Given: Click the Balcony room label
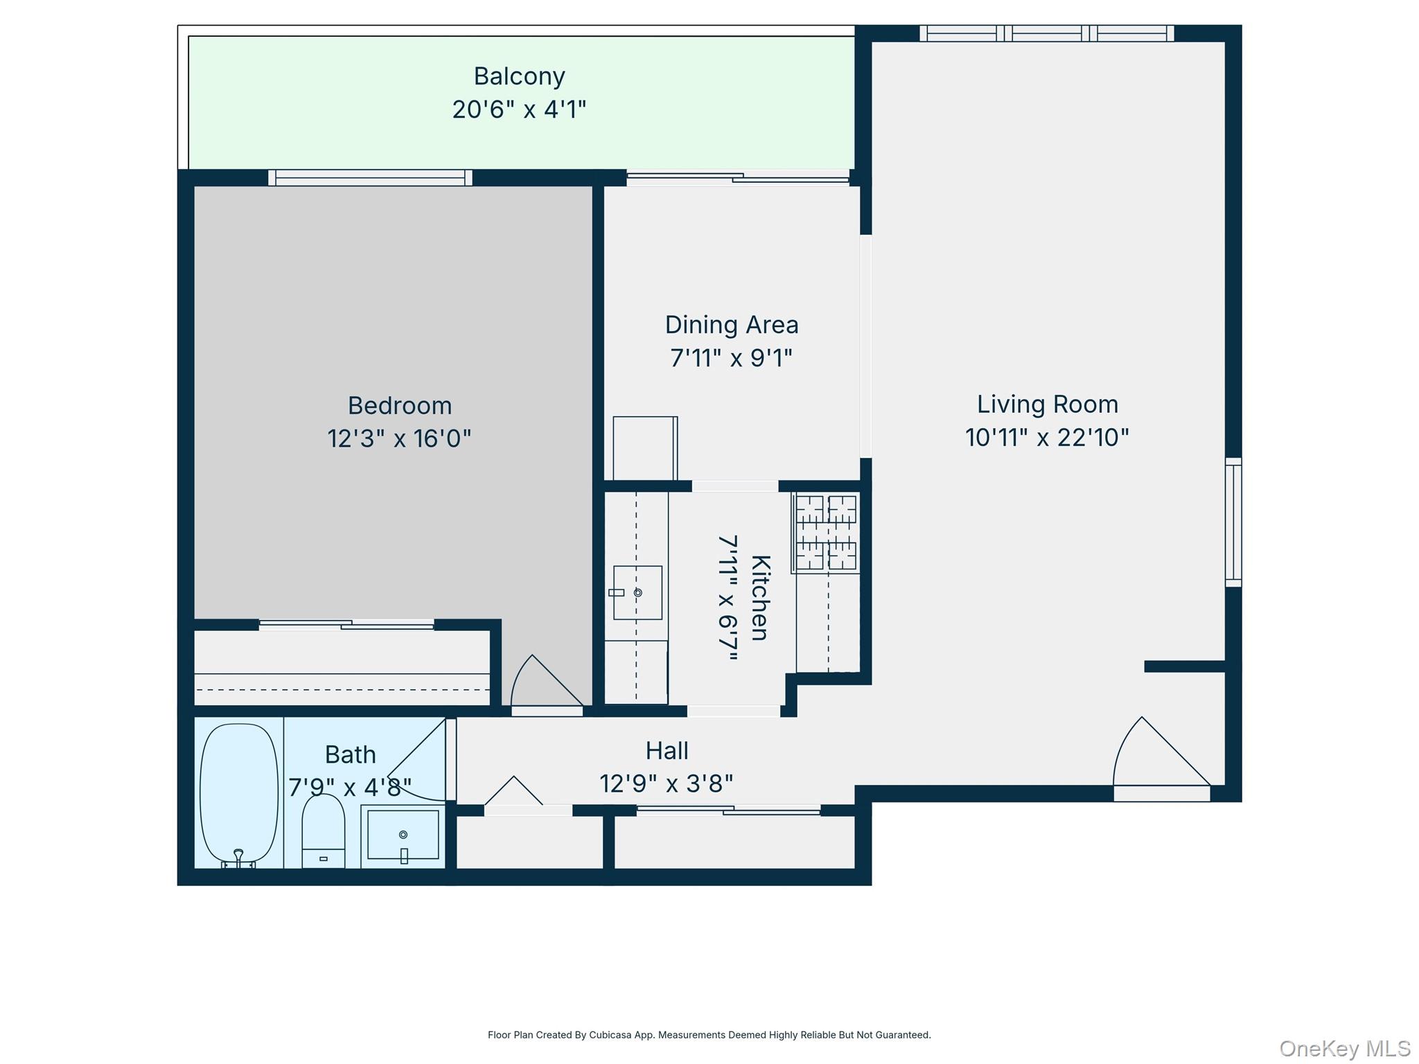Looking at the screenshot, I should [519, 76].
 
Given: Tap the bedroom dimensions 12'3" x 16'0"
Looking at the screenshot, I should [399, 438].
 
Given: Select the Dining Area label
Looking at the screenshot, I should [732, 325].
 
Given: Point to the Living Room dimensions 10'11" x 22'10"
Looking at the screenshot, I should [1047, 438].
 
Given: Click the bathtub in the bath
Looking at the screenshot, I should [239, 792].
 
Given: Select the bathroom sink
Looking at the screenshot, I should [403, 835].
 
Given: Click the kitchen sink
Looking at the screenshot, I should [637, 593].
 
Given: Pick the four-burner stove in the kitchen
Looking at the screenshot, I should [826, 533].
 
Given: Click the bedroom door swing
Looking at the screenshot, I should [545, 682].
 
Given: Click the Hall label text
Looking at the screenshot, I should [667, 751].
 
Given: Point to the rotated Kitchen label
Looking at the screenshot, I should [760, 597].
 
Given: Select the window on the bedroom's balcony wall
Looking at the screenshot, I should [370, 177].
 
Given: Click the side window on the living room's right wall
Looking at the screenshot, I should [1233, 522].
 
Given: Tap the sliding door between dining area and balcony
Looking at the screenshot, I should [737, 178].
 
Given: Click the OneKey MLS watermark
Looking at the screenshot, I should [1344, 1049].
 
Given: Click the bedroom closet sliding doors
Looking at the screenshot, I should [346, 625].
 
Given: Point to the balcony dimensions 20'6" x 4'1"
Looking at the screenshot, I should [519, 109].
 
